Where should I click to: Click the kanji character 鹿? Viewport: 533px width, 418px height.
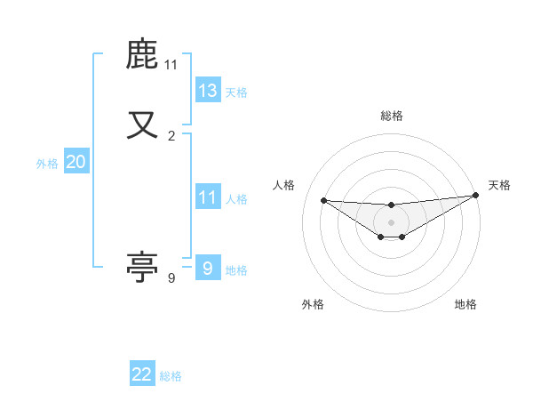tap(142, 55)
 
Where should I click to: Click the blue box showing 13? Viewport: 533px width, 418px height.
tap(208, 90)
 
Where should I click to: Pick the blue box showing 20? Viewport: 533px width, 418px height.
tap(76, 162)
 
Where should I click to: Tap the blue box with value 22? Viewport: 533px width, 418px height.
tap(142, 374)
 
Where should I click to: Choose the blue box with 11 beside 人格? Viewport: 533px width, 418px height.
tap(208, 197)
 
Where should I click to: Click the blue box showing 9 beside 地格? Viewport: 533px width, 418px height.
tap(208, 269)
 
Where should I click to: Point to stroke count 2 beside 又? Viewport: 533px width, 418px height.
tap(171, 136)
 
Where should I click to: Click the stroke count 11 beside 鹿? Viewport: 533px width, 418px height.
tap(171, 65)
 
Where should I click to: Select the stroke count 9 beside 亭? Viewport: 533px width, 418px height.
tap(171, 278)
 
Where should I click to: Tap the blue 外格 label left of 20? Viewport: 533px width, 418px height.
tap(47, 164)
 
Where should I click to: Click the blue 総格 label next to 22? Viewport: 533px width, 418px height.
tap(171, 376)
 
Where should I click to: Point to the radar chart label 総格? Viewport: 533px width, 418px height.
tap(391, 116)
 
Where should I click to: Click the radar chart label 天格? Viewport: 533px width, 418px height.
tap(499, 185)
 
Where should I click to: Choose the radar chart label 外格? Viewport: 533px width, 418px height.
tap(313, 304)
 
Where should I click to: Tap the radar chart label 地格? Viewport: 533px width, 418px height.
tap(465, 304)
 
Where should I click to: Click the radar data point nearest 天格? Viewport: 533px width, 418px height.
tap(476, 195)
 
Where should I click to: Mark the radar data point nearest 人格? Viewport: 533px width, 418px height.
tap(323, 200)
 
